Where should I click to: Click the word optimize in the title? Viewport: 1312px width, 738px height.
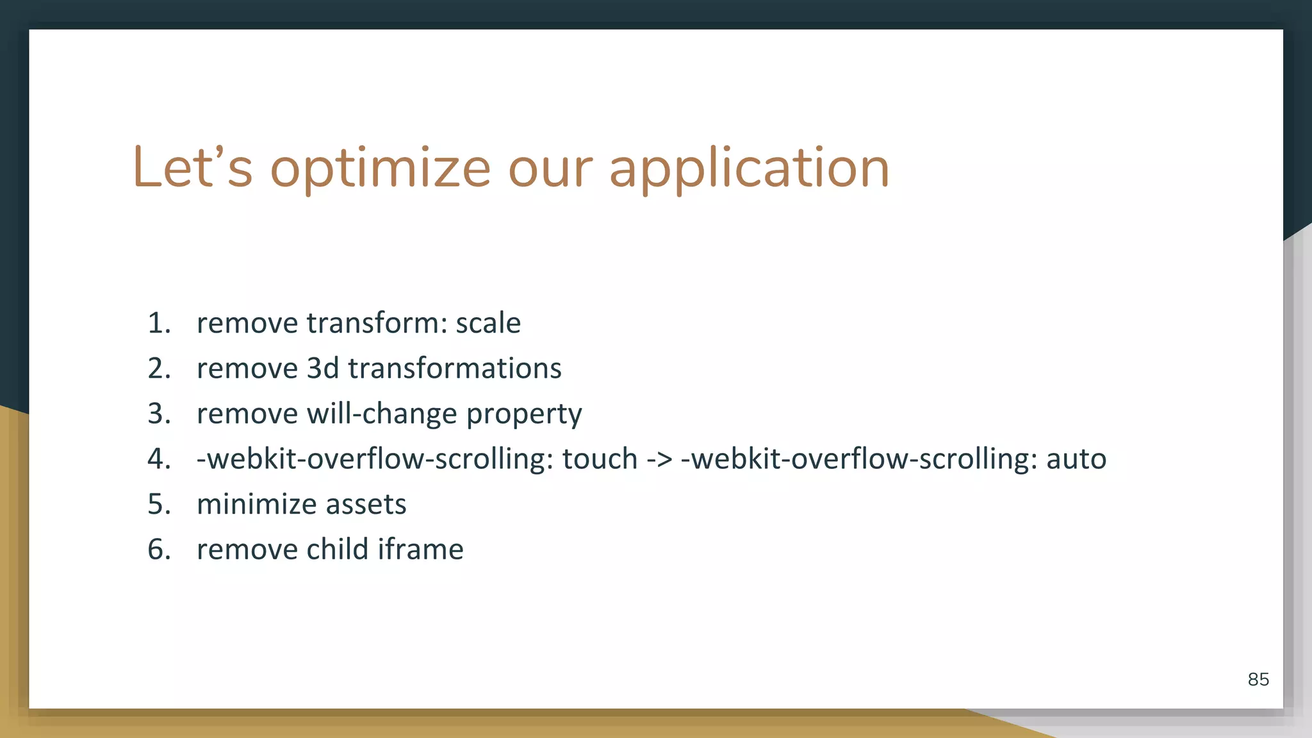click(380, 168)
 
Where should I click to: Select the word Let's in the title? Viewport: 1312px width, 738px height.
click(192, 168)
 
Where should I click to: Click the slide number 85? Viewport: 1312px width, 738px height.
click(1258, 680)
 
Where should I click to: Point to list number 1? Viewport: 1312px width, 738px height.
click(159, 323)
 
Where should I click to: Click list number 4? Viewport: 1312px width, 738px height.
click(159, 459)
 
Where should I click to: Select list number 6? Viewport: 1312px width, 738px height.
click(159, 550)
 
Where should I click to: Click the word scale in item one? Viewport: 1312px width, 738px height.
click(488, 323)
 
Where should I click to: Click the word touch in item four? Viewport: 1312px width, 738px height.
click(600, 459)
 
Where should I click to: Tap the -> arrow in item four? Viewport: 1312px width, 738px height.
click(659, 459)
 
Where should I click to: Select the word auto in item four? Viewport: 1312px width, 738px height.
click(1076, 459)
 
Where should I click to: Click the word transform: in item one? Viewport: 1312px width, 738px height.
click(377, 323)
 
